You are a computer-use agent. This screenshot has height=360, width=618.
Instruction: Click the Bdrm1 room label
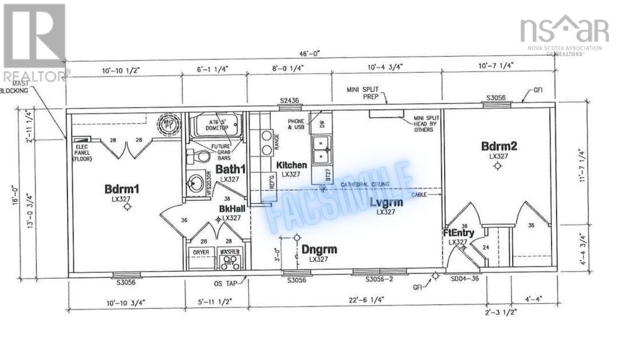click(x=122, y=188)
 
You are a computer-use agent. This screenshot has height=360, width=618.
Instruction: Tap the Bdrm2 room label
click(x=499, y=146)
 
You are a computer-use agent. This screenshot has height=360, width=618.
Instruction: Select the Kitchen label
click(x=292, y=165)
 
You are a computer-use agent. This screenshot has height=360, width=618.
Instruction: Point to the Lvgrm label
click(x=386, y=203)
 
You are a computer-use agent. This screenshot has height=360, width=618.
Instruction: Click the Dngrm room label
click(x=319, y=250)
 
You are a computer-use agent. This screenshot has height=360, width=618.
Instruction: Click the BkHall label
click(x=230, y=209)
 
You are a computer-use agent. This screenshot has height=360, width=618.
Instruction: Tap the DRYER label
click(x=200, y=251)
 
